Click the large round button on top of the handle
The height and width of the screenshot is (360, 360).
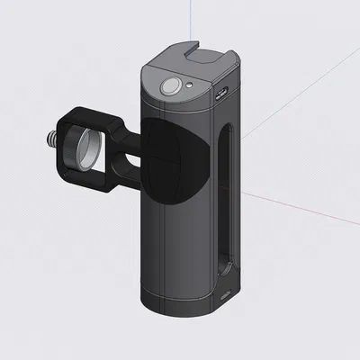169,87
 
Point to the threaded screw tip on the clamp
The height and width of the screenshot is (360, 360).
50,139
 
